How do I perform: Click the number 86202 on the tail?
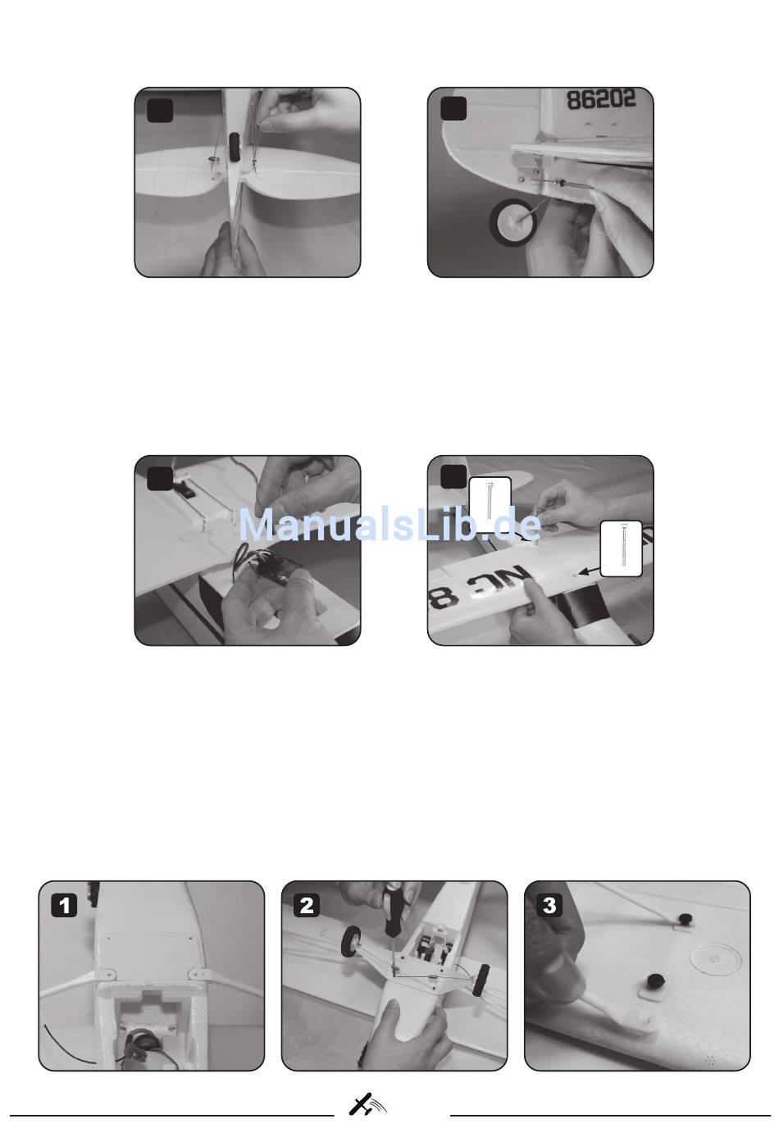601,99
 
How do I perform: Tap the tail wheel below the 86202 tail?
512,222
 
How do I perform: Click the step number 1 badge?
64,906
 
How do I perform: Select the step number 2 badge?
307,906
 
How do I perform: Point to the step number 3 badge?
549,906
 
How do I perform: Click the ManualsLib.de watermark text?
390,525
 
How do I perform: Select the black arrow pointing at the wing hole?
589,571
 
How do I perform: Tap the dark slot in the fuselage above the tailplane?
235,148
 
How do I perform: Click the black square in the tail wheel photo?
453,109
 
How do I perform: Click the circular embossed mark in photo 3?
716,957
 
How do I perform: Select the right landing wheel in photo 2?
481,980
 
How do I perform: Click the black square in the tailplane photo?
160,110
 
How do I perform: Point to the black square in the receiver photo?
160,478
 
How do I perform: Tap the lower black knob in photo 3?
651,980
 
